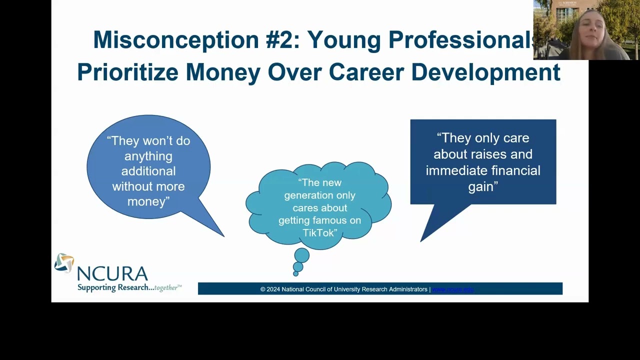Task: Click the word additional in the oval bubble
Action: (148, 171)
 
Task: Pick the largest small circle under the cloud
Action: (301, 256)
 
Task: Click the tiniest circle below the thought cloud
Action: (295, 273)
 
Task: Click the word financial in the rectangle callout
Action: (515, 170)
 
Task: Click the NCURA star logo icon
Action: (64, 263)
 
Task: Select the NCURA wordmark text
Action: (112, 274)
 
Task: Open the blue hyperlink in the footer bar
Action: (452, 289)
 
